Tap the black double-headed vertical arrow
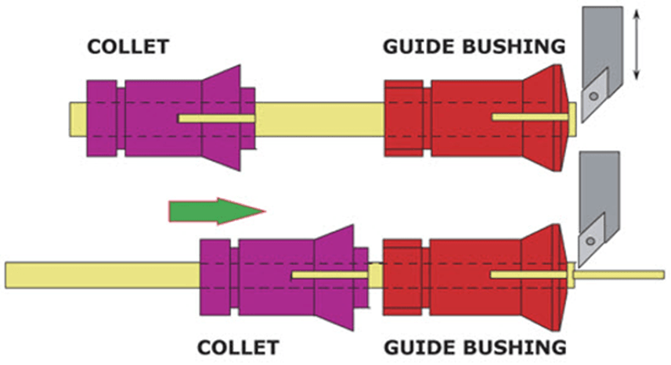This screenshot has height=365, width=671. tap(636, 42)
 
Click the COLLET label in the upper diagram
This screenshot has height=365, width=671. tap(128, 46)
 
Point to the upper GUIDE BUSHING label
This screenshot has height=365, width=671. tap(473, 46)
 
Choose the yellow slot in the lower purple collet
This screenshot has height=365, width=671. tap(329, 275)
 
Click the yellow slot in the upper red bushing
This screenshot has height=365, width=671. tap(529, 117)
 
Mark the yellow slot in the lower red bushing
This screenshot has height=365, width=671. tap(529, 275)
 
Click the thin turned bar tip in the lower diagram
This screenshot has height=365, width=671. tap(622, 274)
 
